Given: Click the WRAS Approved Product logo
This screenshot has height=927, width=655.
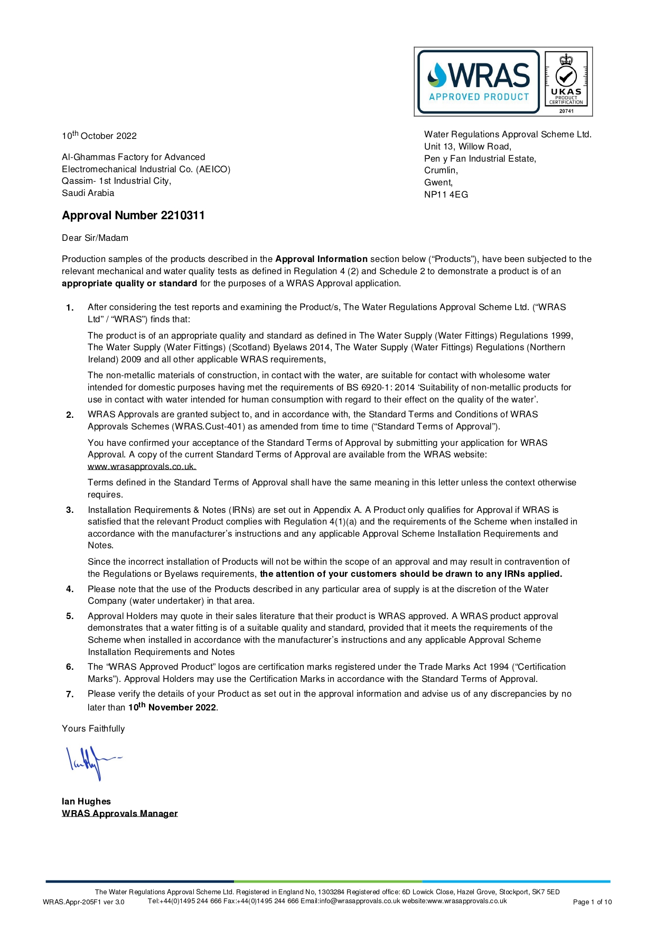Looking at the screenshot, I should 478,82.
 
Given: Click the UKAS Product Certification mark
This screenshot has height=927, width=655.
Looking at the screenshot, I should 566,82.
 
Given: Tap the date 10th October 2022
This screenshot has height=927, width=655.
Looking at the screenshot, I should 99,136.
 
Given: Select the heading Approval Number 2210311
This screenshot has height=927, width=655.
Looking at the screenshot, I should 133,216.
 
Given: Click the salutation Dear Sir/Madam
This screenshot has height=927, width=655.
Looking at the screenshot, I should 95,238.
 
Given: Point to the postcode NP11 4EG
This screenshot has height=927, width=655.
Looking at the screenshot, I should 446,195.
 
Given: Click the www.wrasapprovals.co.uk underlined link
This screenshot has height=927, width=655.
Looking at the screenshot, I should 142,467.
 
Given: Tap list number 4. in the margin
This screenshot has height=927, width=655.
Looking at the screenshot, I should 70,589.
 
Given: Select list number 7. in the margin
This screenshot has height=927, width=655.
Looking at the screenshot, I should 70,695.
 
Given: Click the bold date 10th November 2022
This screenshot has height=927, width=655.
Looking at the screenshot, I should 172,707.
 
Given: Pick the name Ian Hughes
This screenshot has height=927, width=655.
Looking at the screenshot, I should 86,802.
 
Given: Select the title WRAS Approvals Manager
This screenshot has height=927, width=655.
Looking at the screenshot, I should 119,814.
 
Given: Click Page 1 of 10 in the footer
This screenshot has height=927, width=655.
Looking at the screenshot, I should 592,902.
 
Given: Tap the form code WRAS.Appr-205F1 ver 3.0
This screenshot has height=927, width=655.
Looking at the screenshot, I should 83,902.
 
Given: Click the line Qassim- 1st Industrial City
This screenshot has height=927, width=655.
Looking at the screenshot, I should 116,181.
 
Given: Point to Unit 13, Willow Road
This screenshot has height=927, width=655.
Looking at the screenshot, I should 467,147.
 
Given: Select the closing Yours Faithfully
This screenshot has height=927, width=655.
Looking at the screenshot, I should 93,729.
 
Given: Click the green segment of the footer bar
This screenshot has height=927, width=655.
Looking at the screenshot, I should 327,881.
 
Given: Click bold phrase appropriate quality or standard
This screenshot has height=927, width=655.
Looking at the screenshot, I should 129,284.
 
